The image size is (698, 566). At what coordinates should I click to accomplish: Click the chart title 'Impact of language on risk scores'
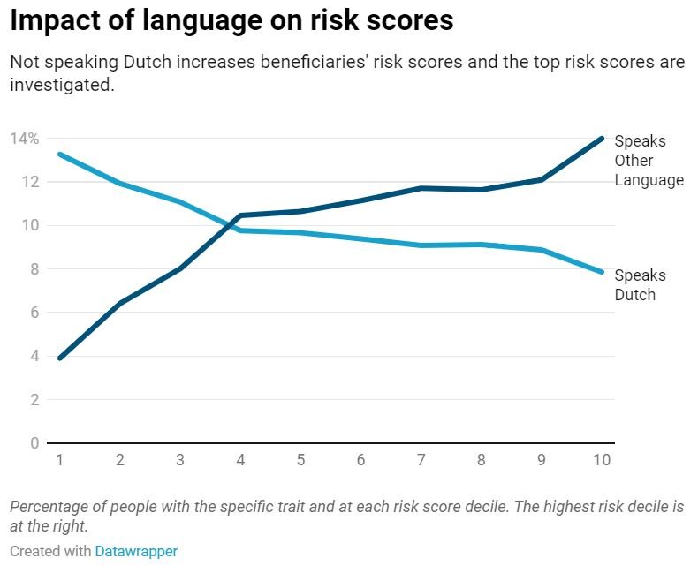coord(231,21)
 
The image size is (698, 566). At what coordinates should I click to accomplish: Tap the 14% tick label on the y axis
coord(24,139)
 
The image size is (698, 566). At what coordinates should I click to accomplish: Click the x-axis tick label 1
coord(60,460)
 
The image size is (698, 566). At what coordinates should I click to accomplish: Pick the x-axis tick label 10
coord(602,460)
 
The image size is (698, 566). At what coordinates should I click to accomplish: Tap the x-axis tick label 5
coord(300,460)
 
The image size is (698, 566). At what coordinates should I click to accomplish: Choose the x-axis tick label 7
coord(421,460)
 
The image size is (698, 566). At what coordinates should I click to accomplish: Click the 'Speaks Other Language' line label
coord(649,161)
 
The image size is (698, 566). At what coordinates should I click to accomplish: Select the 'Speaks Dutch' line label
coord(640,284)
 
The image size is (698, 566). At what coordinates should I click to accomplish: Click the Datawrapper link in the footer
coord(136,551)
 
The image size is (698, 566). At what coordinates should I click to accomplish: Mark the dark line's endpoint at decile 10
coord(602,138)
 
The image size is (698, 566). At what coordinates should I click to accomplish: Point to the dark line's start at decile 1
coord(60,358)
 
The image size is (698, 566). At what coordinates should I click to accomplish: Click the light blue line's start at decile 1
coord(60,155)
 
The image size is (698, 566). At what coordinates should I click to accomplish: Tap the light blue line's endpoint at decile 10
coord(602,272)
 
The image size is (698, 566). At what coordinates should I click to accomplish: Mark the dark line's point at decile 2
coord(120,304)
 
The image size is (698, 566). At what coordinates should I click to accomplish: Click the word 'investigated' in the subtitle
coord(61,87)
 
